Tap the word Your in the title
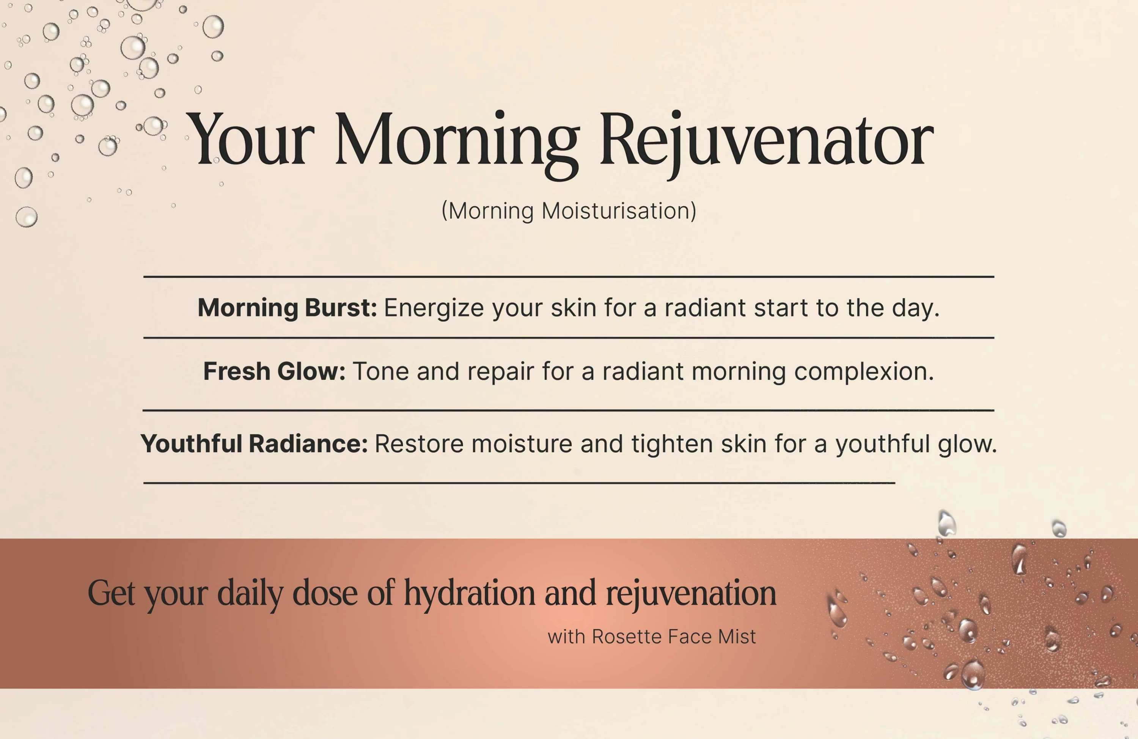click(250, 139)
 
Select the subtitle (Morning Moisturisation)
click(569, 211)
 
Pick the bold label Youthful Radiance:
click(254, 444)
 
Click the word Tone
click(380, 371)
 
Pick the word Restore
click(419, 444)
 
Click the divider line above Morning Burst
click(569, 277)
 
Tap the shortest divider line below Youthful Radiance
click(519, 483)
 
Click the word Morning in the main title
click(457, 143)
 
